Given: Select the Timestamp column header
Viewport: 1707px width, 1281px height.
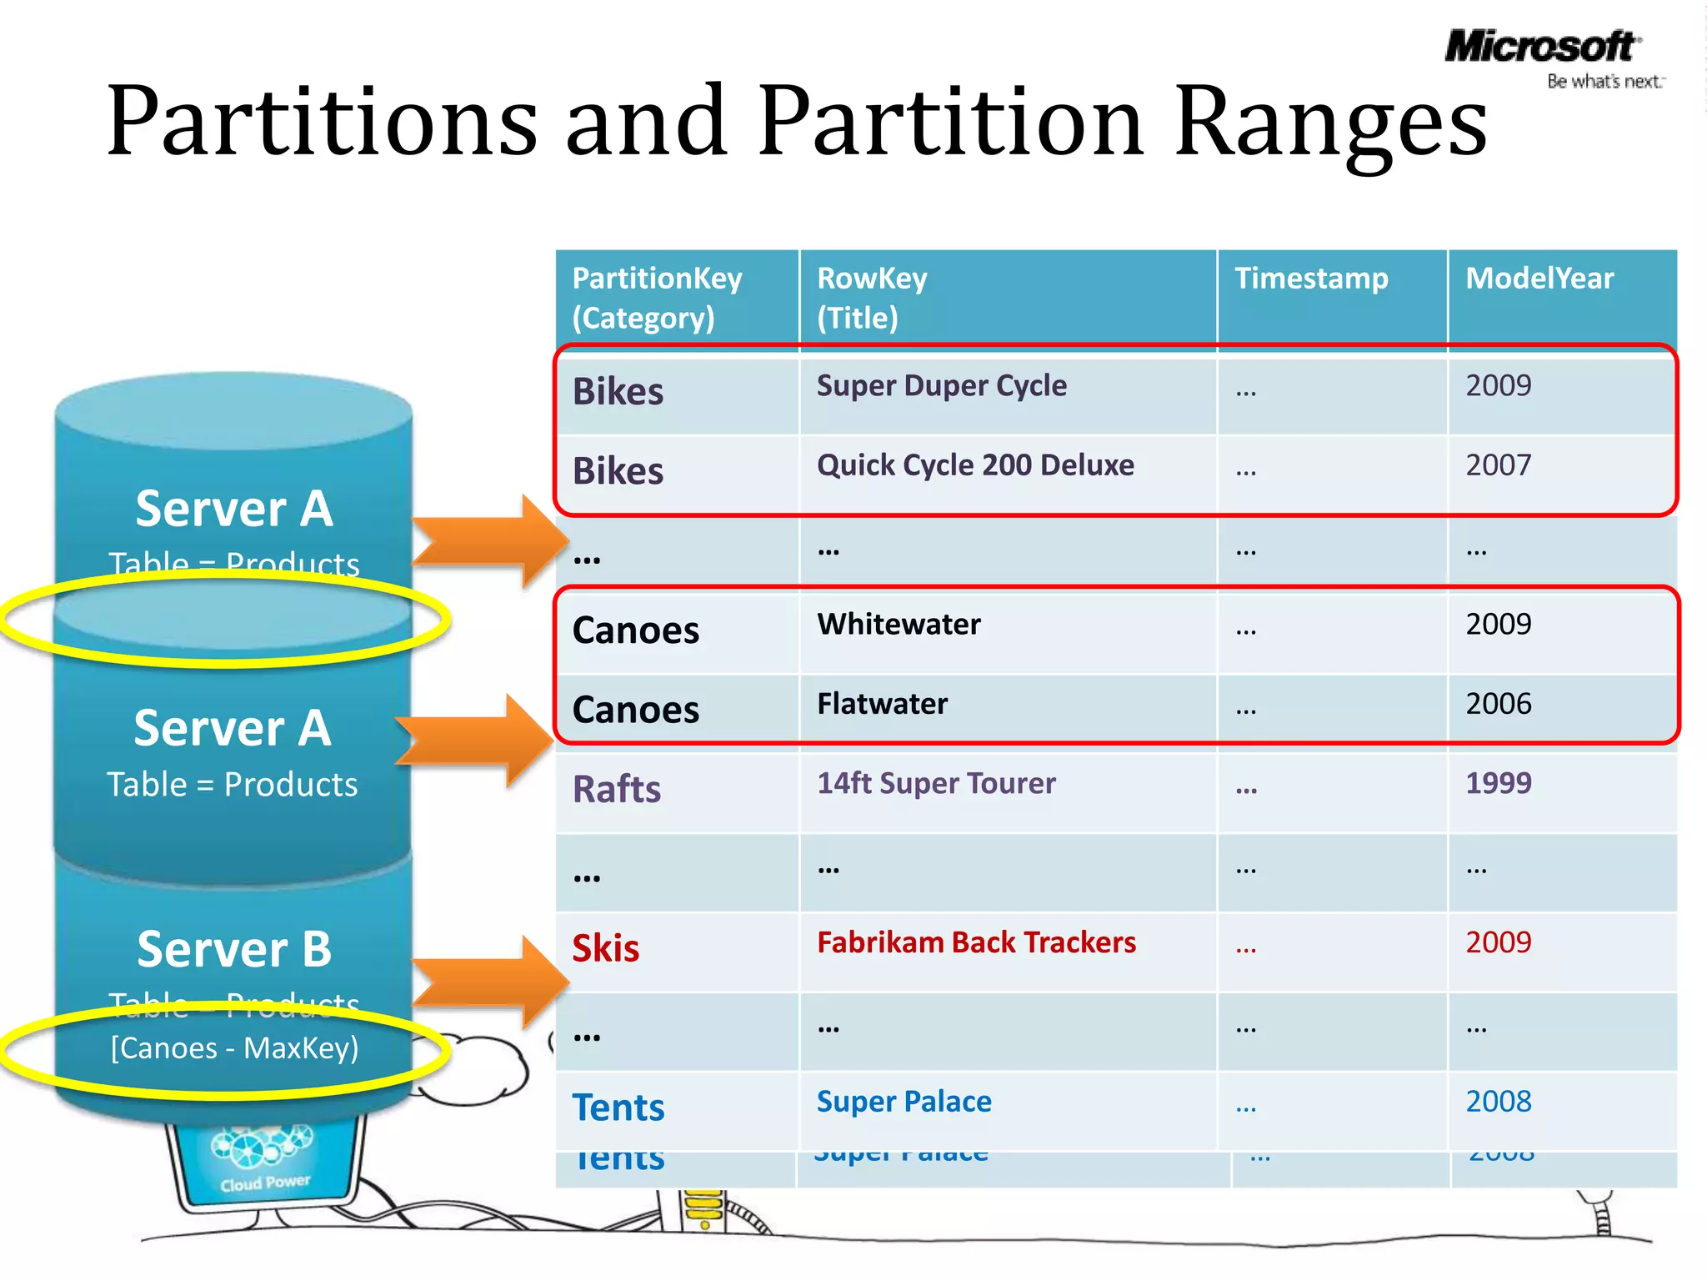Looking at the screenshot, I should [1311, 279].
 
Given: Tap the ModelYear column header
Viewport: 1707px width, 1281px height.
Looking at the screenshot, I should [1539, 279].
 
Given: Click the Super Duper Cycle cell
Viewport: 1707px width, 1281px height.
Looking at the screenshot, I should [941, 386].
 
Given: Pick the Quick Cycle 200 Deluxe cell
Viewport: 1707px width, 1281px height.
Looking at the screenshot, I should [975, 465].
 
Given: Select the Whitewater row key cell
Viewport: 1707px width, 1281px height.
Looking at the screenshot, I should [899, 625].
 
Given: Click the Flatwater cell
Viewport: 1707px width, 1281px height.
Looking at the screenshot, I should [882, 704].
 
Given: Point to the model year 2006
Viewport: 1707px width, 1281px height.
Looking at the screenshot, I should [1498, 704].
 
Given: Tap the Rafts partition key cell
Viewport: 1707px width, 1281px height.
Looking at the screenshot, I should [617, 789].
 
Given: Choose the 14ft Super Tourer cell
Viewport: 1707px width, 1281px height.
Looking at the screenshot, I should [936, 783].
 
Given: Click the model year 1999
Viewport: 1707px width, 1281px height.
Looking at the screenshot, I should [1498, 783].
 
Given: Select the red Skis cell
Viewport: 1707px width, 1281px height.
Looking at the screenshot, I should [606, 949].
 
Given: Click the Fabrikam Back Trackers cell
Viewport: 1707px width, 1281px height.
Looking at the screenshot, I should [976, 942].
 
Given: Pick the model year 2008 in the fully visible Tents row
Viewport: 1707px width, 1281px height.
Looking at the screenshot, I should [1498, 1102].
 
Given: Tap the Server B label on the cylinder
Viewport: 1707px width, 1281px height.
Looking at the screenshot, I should [234, 949].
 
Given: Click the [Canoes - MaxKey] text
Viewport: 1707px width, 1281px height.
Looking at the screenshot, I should [234, 1048].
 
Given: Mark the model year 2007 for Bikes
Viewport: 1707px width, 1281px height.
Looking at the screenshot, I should [1498, 465].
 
